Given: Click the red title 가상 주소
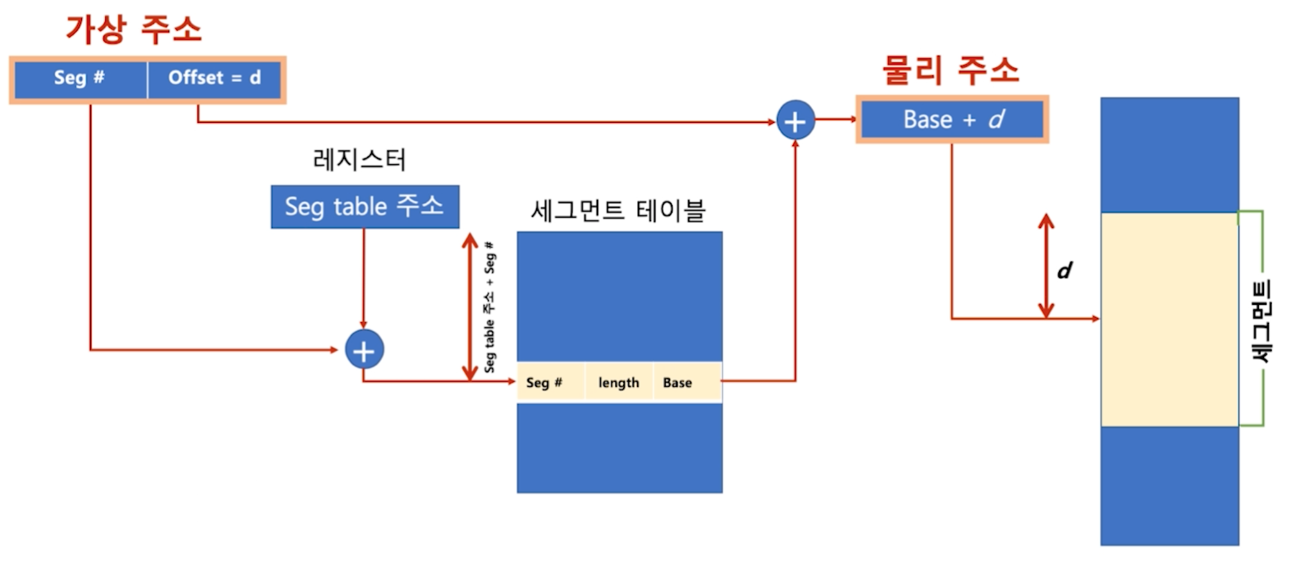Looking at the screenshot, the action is [133, 29].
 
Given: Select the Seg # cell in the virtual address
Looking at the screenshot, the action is [79, 79].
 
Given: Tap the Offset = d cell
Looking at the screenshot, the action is [214, 79].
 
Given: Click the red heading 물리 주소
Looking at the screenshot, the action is [950, 70].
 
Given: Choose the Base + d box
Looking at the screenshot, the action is [952, 120].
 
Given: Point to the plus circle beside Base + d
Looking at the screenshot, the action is [795, 120].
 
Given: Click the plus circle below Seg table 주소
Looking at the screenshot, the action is [364, 350].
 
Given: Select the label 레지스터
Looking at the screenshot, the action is [359, 160].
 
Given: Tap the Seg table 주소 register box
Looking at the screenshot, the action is [365, 207].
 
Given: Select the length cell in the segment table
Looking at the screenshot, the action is [619, 382].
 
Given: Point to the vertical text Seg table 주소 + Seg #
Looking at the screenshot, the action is [490, 307].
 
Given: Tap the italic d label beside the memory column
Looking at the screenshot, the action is [1065, 270].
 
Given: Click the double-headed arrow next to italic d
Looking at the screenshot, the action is [1046, 266].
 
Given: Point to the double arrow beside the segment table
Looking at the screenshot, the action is [470, 307].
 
